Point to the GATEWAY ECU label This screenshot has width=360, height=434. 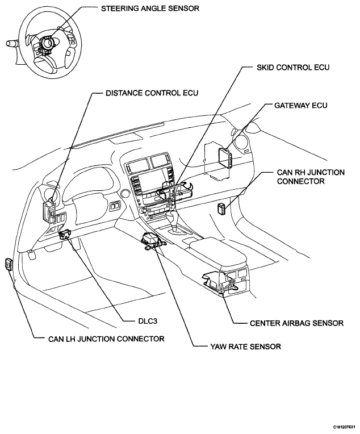coord(302,106)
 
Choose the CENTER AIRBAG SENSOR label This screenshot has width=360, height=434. coord(296,323)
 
